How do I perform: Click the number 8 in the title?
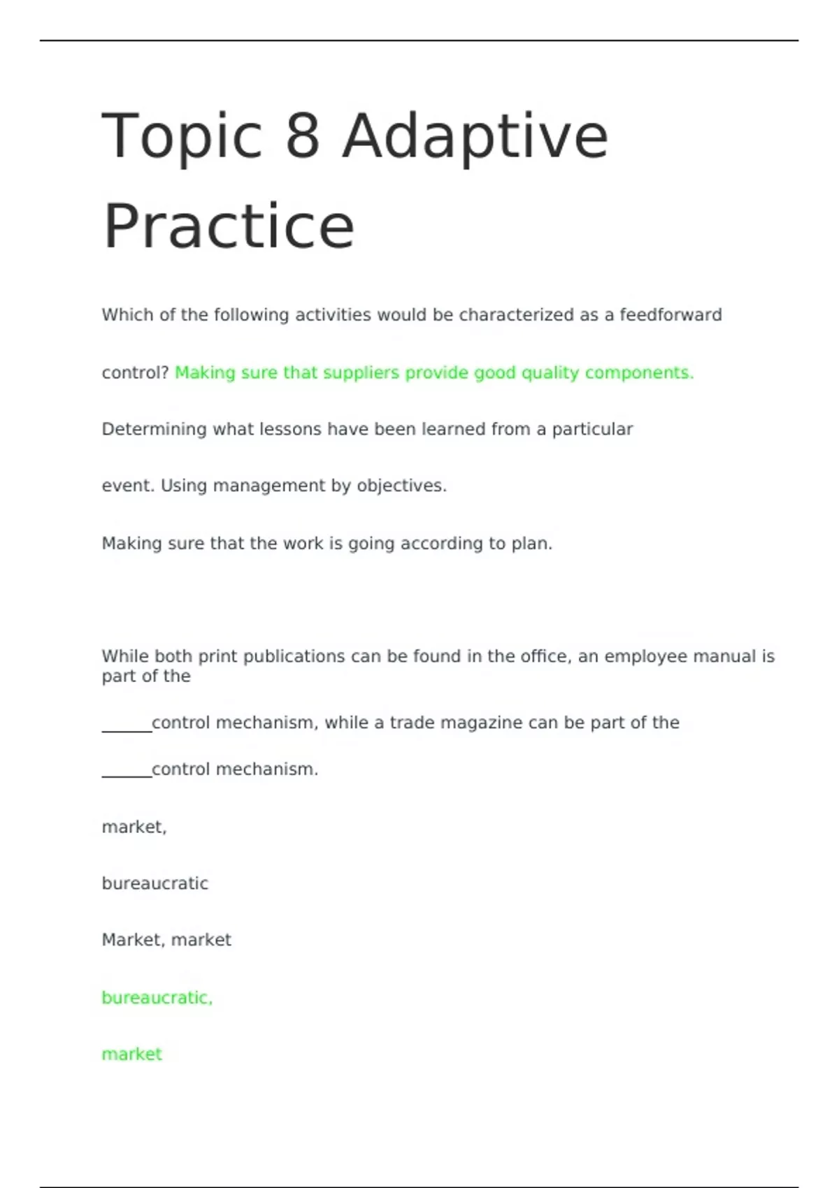[x=302, y=136]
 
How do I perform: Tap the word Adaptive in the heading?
[x=475, y=137]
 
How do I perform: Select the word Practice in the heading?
[x=229, y=226]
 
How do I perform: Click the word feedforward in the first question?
[x=671, y=315]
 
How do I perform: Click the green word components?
[x=639, y=373]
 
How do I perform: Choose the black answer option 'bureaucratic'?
[x=155, y=884]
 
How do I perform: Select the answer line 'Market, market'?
[x=166, y=940]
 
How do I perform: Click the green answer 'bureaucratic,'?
[x=157, y=998]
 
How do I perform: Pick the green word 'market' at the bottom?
[x=131, y=1055]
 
